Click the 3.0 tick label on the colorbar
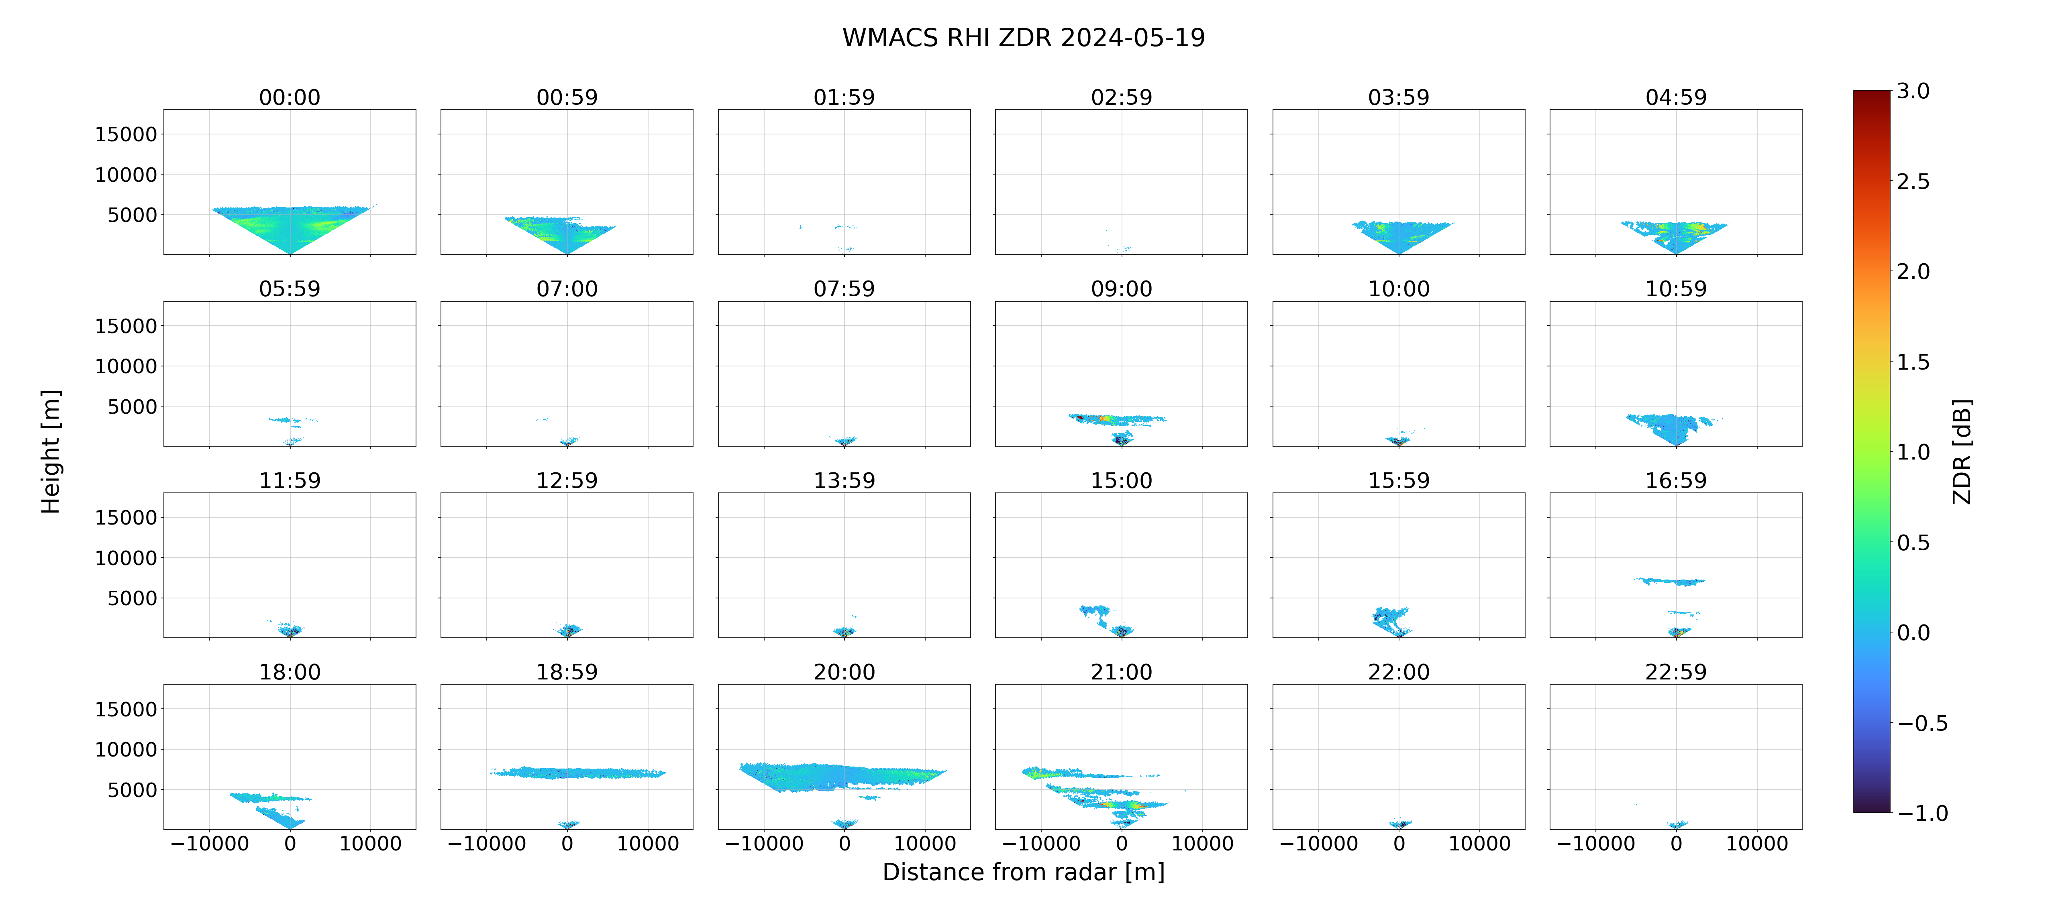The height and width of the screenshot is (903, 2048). (1913, 92)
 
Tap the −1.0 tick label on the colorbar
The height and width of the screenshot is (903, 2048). (1922, 813)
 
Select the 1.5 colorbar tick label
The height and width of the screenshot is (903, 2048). (1913, 362)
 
